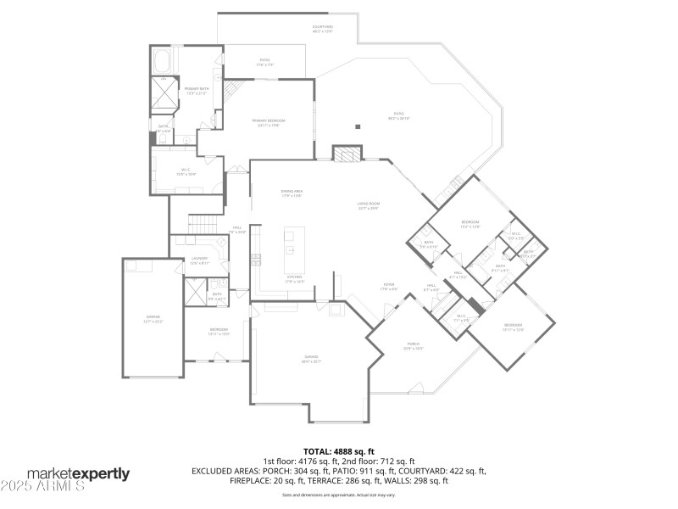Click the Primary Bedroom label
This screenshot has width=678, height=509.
(x=269, y=123)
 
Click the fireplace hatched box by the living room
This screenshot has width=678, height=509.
(x=343, y=154)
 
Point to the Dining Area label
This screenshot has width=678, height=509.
(x=292, y=193)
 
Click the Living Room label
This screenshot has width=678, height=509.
(x=367, y=206)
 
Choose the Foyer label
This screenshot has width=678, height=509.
(x=389, y=287)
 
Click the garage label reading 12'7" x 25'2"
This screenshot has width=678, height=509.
(x=153, y=320)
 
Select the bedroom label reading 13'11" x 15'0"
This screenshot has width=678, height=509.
(x=219, y=331)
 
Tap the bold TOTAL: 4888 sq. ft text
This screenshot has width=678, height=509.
(x=339, y=451)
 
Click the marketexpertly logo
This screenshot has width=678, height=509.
(x=78, y=473)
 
